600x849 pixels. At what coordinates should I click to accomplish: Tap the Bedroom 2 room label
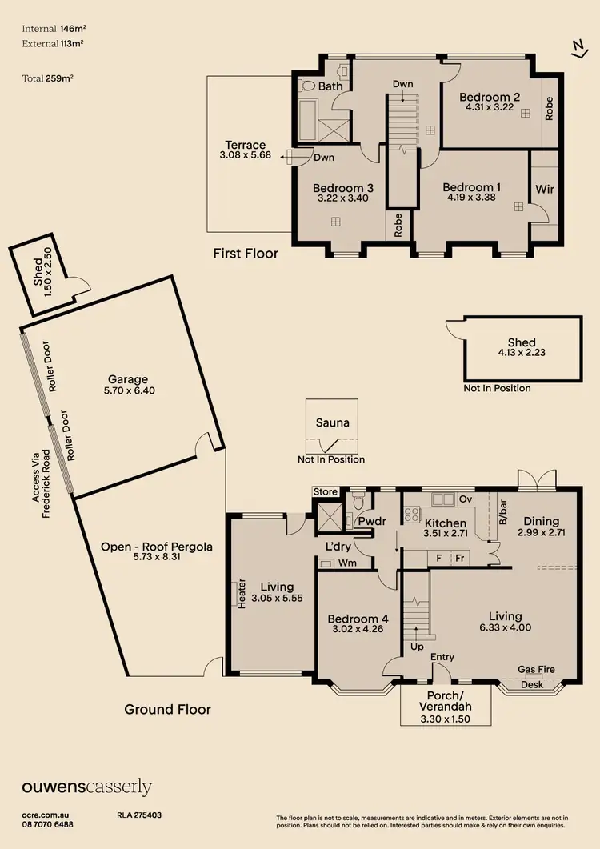(x=490, y=97)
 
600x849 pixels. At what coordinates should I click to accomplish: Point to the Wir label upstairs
(x=546, y=190)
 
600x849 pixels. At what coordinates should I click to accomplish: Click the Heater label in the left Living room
(x=242, y=594)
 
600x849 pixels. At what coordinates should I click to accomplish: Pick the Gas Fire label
(x=536, y=670)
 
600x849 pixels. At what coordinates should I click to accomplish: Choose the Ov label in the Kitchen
(x=466, y=500)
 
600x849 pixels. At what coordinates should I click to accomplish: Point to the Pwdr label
(x=373, y=523)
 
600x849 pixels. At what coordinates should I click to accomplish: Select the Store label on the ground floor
(x=326, y=491)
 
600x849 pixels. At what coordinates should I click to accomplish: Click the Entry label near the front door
(x=442, y=657)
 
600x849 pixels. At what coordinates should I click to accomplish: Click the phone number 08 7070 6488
(x=47, y=824)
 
